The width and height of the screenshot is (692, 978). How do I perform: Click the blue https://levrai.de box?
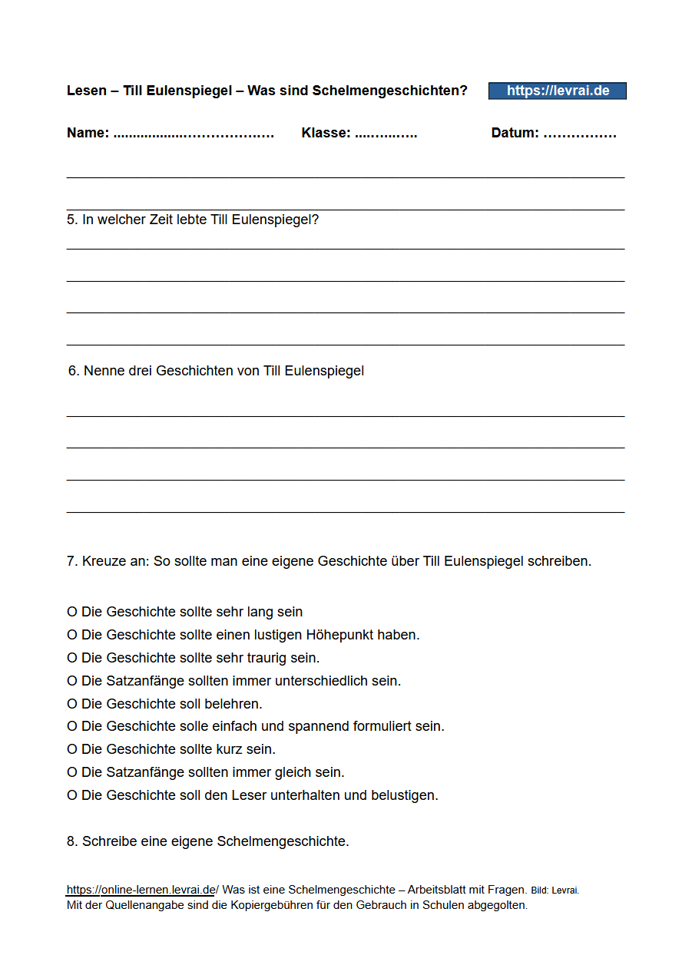(558, 91)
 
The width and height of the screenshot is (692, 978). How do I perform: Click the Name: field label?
(88, 133)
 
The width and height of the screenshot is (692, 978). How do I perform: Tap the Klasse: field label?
(326, 133)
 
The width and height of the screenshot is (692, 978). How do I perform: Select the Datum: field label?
(515, 133)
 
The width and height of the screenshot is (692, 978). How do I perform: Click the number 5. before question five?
(72, 220)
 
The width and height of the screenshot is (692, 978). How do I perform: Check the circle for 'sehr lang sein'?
(72, 612)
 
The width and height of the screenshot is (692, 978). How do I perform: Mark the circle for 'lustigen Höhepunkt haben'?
(72, 635)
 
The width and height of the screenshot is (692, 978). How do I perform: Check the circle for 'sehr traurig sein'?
(72, 658)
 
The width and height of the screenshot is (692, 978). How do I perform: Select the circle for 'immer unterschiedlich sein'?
(72, 681)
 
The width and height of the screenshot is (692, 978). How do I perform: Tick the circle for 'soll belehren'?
(72, 704)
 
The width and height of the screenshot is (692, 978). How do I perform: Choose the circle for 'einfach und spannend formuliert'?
(72, 726)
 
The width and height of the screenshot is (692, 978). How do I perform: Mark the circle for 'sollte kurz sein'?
(72, 749)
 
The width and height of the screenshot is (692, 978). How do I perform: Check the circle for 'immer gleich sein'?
(72, 772)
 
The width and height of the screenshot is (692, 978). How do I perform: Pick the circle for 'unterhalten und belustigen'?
(72, 795)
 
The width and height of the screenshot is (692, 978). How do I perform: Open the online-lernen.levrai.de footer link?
(141, 890)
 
